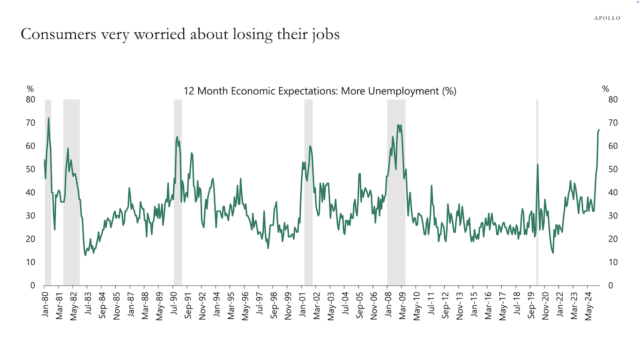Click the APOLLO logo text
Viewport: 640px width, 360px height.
pos(607,18)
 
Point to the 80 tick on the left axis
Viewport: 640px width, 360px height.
pos(30,99)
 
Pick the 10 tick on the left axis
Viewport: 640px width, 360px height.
pos(30,262)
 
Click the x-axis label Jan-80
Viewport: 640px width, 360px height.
pos(45,305)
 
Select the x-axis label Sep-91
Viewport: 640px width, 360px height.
pos(188,306)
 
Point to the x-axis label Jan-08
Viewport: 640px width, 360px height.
pos(388,305)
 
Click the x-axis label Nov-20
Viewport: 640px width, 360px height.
pos(545,306)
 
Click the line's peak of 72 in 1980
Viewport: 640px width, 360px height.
pos(48,118)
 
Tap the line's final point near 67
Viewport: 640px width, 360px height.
pos(599,130)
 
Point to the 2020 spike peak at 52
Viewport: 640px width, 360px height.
pos(537,165)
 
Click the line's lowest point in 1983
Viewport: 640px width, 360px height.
pos(85,255)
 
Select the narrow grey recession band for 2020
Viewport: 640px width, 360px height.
pos(537,192)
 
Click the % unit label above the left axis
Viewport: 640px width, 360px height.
pos(30,89)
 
